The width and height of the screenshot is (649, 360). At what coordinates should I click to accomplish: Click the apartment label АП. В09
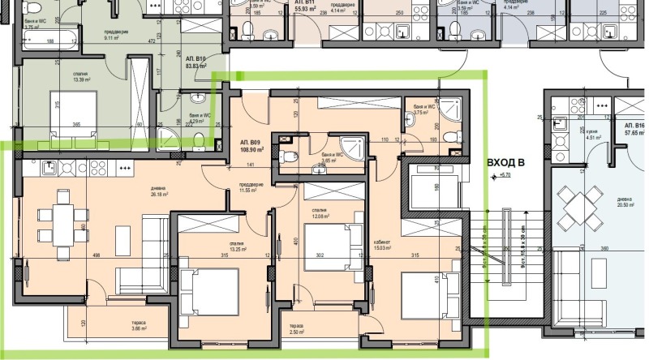(249, 142)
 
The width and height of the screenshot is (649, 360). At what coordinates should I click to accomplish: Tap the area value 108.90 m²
(249, 151)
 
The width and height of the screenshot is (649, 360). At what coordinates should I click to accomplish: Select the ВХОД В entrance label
(505, 163)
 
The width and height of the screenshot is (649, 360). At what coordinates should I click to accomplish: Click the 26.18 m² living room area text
(158, 194)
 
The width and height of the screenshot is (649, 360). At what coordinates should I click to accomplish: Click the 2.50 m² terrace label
(298, 330)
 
